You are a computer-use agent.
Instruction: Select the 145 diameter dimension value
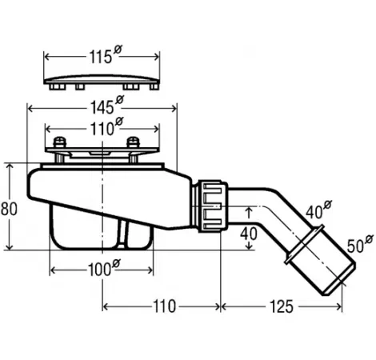(107, 106)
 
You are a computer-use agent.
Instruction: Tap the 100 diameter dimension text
(104, 268)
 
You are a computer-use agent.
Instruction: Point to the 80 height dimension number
(9, 209)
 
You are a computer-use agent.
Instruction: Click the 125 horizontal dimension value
(282, 306)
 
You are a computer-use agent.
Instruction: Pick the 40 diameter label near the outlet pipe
(318, 210)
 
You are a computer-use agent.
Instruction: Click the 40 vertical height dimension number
(249, 234)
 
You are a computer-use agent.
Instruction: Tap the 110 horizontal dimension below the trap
(165, 306)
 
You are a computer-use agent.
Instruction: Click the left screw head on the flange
(59, 142)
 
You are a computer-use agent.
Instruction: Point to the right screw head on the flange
(133, 142)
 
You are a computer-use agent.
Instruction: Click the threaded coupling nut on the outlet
(212, 206)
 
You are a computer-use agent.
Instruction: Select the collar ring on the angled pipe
(305, 245)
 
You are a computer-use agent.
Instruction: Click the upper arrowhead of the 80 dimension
(10, 167)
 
